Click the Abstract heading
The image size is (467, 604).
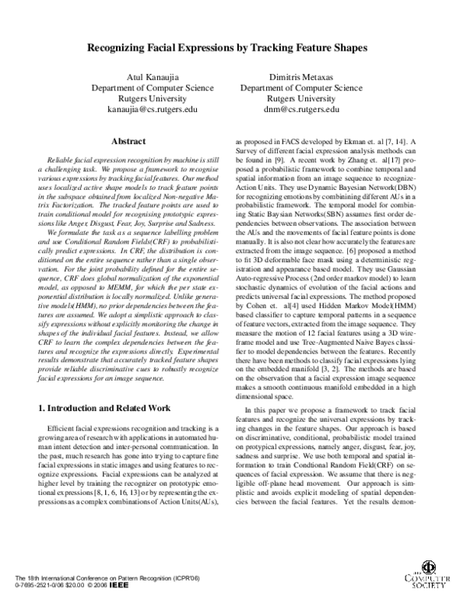[x=131, y=142]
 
